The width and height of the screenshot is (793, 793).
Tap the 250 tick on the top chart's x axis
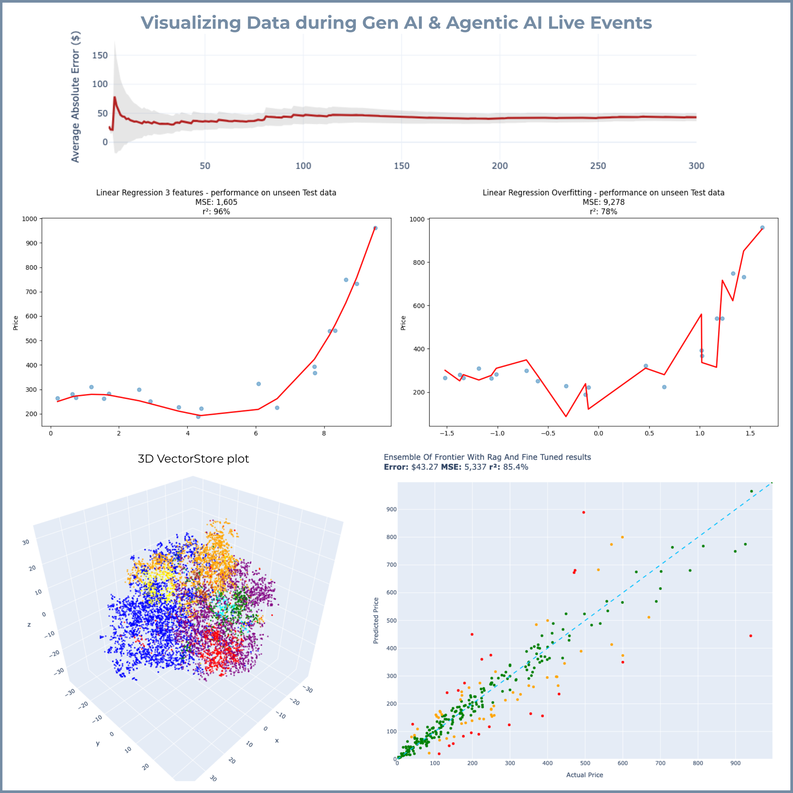tap(598, 166)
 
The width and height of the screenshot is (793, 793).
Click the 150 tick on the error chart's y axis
tap(100, 56)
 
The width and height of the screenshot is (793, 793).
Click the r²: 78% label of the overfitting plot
tap(603, 212)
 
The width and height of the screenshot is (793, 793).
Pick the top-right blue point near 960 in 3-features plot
tap(375, 228)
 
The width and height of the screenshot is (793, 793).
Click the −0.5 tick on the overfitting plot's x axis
tap(548, 434)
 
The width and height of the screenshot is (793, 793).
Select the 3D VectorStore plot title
tap(193, 459)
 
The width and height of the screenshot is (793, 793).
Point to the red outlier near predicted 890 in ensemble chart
tap(583, 512)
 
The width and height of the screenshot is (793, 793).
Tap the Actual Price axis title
tap(585, 775)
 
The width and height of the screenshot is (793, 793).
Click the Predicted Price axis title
tap(376, 620)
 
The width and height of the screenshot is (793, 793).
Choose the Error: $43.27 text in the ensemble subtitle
tap(410, 467)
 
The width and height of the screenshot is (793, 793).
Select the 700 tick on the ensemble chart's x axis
tap(660, 764)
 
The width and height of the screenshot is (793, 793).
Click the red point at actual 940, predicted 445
tap(750, 636)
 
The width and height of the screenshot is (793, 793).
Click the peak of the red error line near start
tap(115, 98)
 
